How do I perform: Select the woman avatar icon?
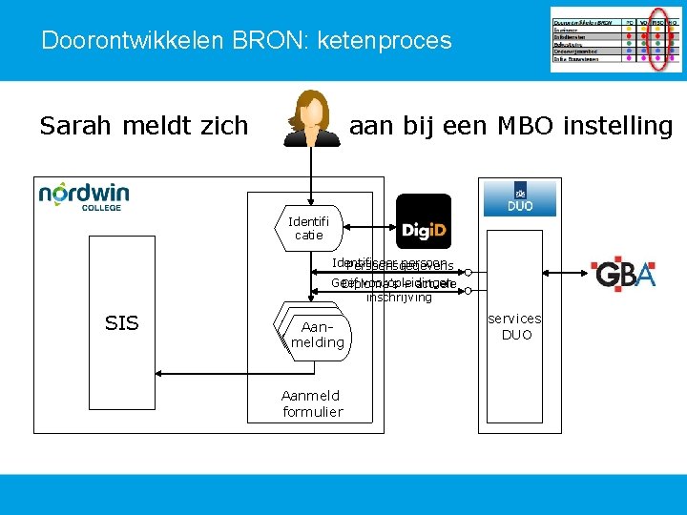(312, 119)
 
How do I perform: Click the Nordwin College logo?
(84, 195)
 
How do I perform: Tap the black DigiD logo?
(423, 222)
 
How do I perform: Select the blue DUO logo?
(519, 197)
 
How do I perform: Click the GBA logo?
(623, 273)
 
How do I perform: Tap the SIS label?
(121, 323)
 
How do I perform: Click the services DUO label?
(514, 326)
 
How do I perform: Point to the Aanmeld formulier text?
(312, 403)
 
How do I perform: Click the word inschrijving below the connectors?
(399, 298)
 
